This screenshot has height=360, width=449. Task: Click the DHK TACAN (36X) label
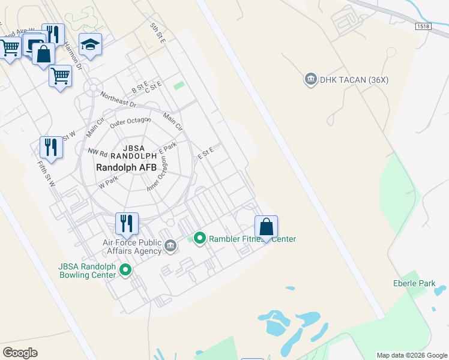(345, 79)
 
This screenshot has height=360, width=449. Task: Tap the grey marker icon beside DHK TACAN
(310, 79)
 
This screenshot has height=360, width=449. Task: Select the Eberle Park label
(414, 283)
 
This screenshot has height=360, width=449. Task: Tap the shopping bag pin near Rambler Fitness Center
(266, 228)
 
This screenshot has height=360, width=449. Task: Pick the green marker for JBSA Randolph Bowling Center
(125, 270)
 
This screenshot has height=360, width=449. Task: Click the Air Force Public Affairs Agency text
(131, 247)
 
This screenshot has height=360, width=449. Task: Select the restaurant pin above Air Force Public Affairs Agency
(127, 224)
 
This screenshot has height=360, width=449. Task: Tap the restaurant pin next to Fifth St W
(51, 148)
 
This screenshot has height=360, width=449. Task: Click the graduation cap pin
(90, 45)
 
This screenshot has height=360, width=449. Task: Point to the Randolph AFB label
(127, 168)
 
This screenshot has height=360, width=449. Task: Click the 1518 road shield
(423, 26)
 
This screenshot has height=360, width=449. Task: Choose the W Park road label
(109, 179)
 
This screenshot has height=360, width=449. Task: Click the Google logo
(20, 353)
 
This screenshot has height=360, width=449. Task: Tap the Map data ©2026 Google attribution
(411, 355)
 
